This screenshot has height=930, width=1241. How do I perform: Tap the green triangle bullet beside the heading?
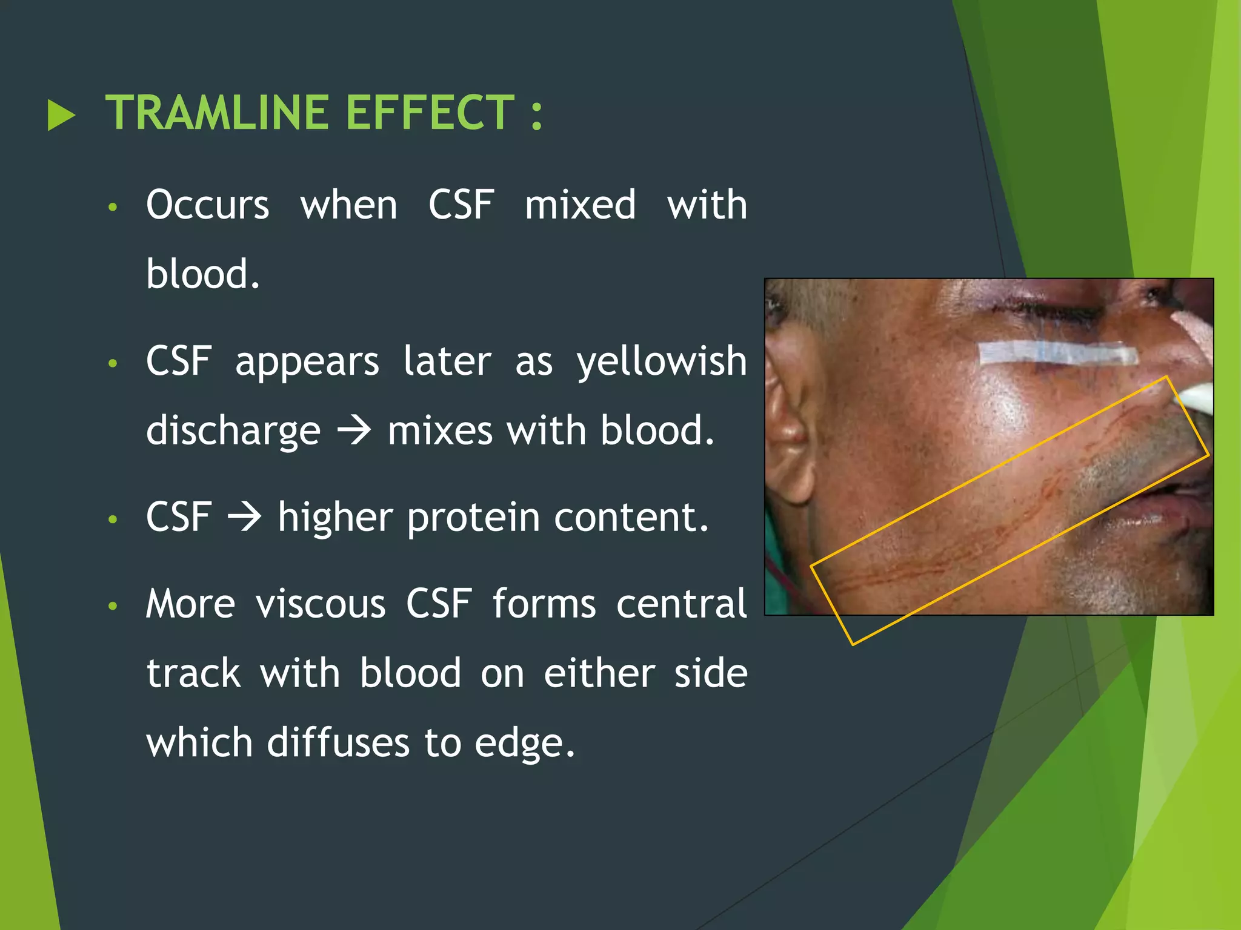tap(61, 115)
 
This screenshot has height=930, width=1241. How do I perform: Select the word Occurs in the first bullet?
tap(207, 205)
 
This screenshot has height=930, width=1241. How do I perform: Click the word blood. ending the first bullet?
tap(203, 274)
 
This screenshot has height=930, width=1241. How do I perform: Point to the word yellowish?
tap(662, 361)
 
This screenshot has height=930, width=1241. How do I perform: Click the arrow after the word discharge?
tap(354, 431)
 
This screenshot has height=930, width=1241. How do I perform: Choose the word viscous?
tap(320, 604)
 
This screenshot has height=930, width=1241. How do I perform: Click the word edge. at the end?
tap(524, 744)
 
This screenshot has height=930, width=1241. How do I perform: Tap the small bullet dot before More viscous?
tap(112, 606)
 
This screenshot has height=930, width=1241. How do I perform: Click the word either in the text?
tap(599, 674)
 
